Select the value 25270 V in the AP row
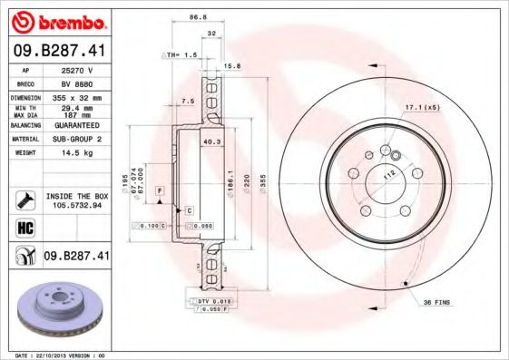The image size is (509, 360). coord(78,70)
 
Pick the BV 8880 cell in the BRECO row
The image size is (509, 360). coord(78,83)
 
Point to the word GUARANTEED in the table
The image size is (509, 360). coord(78,125)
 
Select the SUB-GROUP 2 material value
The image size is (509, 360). coord(78,139)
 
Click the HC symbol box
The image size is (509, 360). coord(25,228)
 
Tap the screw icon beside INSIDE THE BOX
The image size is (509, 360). coord(25,199)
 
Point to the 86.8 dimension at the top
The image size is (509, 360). coord(192,16)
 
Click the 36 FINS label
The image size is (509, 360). coord(436,301)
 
